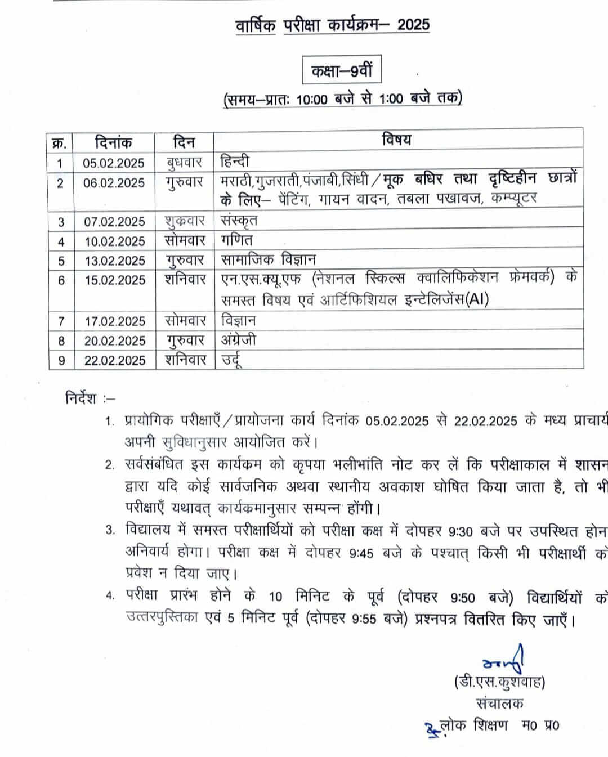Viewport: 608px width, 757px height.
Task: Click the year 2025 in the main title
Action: tap(413, 24)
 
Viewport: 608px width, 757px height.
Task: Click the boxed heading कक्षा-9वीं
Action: tap(342, 71)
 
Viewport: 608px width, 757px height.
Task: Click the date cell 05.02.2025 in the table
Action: tap(114, 163)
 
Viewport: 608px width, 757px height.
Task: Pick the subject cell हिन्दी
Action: tap(234, 162)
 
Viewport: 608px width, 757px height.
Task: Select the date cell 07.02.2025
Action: tap(114, 222)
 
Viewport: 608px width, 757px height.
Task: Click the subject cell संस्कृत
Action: tap(239, 221)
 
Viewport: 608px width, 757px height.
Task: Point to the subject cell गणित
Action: tap(236, 240)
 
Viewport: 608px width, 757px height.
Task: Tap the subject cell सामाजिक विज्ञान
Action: tap(268, 260)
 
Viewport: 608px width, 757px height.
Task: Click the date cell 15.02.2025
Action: tap(114, 280)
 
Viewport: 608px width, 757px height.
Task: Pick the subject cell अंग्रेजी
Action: tap(239, 340)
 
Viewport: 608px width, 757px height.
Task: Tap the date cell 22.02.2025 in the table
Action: tap(114, 360)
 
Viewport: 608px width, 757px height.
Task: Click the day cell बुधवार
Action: tap(184, 163)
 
